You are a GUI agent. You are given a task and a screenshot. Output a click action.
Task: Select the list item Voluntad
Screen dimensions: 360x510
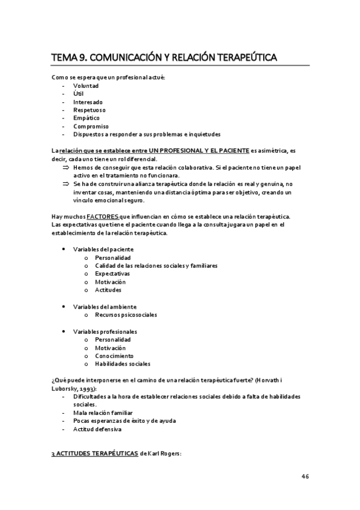86,85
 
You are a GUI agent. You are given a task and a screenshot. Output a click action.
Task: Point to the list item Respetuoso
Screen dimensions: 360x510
89,110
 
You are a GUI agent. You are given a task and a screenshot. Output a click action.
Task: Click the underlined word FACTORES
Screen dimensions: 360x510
103,216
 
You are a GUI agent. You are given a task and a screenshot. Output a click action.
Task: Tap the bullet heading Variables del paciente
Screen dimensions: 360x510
103,249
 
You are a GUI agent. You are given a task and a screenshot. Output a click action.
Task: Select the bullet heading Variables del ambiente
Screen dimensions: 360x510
105,306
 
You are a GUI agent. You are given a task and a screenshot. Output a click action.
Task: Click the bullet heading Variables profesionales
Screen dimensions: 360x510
105,331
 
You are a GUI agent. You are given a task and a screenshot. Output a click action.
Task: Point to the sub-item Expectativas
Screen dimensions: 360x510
112,274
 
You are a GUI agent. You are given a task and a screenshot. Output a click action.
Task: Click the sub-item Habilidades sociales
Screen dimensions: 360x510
123,364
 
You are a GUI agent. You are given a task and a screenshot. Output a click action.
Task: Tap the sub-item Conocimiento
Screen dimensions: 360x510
114,355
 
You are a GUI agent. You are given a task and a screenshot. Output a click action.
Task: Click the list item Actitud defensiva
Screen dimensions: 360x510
97,429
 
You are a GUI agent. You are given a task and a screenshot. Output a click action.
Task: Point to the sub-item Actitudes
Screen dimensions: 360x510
108,290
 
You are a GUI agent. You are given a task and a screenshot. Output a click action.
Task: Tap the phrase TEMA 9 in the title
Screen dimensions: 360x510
69,57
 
